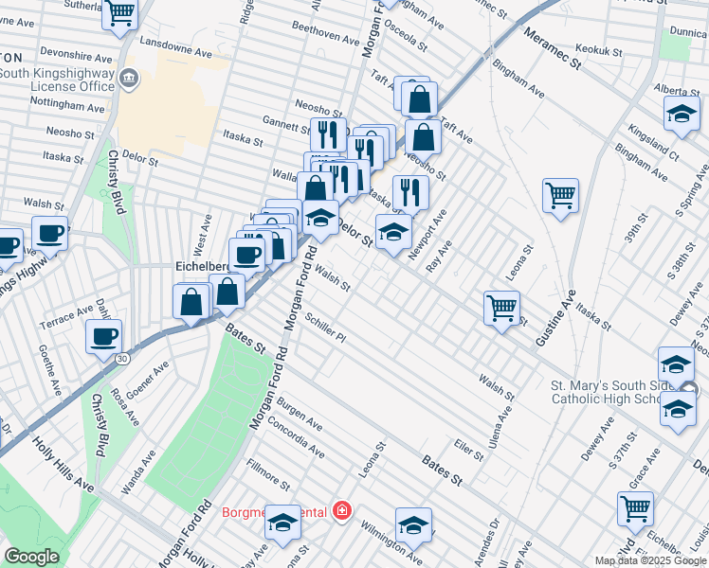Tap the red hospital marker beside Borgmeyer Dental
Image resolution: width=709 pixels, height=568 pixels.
pos(341,512)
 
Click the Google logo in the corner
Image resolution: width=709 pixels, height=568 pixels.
pos(31,557)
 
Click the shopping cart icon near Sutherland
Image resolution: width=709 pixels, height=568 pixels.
pos(120,14)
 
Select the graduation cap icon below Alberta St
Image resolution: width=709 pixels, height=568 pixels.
pos(679,115)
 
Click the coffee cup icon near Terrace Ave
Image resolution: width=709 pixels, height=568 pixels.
pos(103,336)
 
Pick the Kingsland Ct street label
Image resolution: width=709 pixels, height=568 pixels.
pos(654,137)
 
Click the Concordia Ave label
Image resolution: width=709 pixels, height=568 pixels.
pos(296,441)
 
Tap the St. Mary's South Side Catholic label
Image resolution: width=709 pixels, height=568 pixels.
pos(617,392)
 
